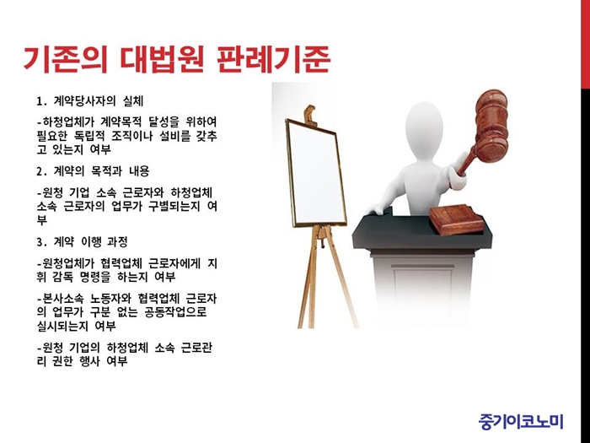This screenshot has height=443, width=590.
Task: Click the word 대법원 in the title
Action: (x=162, y=59)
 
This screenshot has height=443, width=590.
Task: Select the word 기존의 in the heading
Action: (x=66, y=59)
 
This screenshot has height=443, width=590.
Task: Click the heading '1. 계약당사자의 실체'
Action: (x=89, y=101)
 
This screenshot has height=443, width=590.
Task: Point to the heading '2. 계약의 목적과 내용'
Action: (x=93, y=171)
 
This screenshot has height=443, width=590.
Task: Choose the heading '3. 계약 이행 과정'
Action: (x=82, y=241)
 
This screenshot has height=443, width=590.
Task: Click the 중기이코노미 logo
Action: (x=521, y=422)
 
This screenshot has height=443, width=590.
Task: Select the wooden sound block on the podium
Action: (x=457, y=219)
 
